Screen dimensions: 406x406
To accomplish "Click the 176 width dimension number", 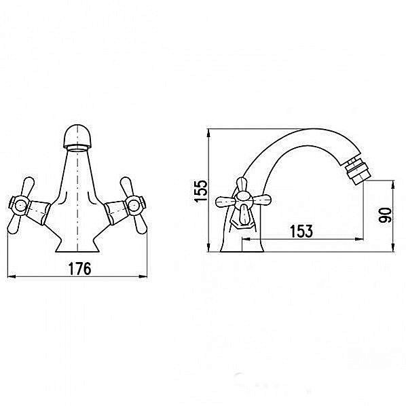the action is (79, 268).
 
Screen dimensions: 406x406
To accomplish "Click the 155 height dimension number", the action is (201, 191).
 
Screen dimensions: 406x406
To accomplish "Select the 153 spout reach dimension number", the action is (301, 231).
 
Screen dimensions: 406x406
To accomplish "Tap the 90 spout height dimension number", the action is (386, 215).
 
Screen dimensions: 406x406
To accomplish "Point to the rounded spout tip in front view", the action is (77, 136).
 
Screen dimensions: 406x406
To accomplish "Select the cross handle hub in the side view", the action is (243, 200).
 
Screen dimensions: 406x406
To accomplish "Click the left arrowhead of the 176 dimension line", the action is (11, 276).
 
